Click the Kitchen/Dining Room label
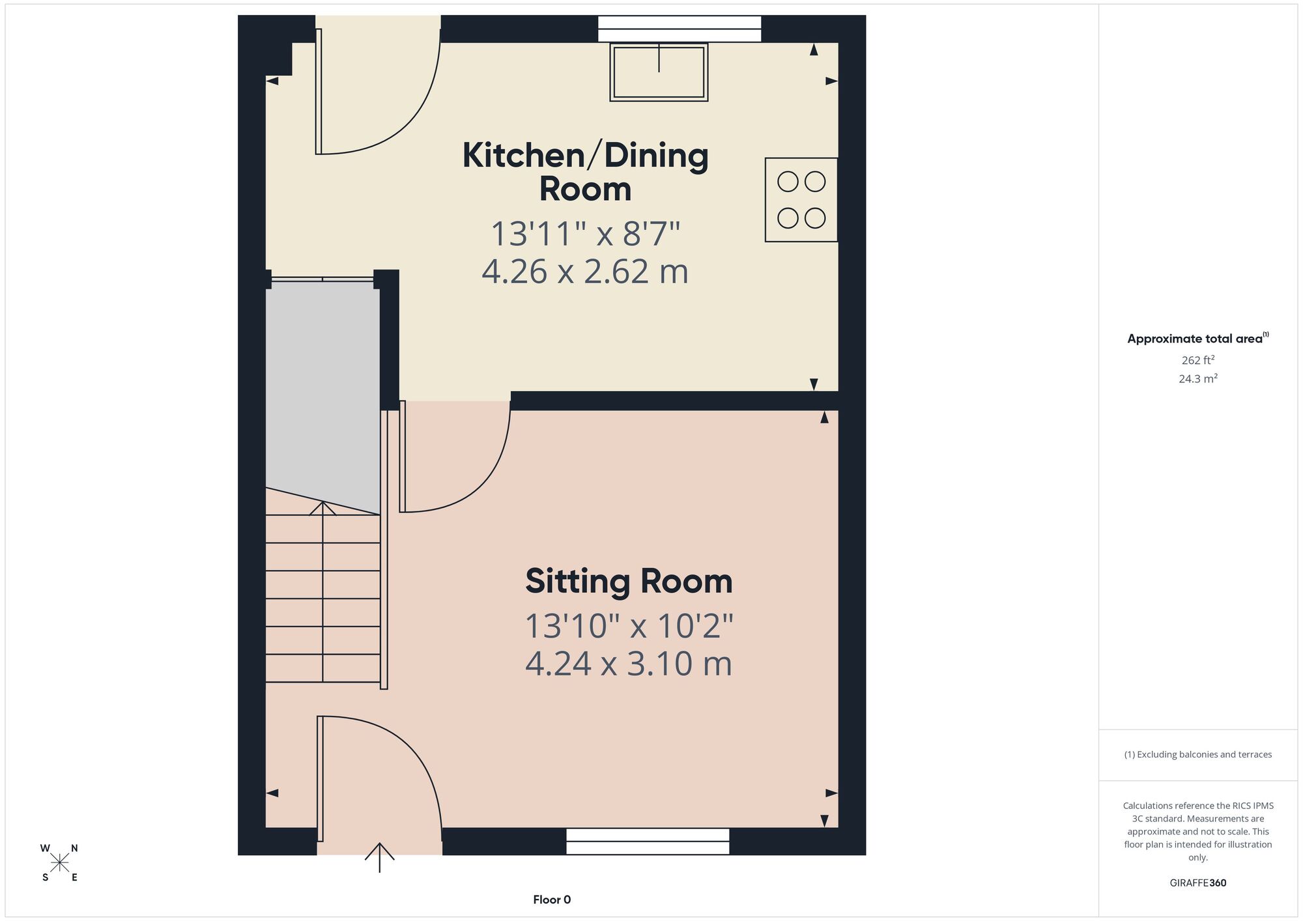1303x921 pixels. pyautogui.click(x=585, y=172)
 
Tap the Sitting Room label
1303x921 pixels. pyautogui.click(x=629, y=582)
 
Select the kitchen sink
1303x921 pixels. pyautogui.click(x=659, y=72)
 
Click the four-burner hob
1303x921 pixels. pyautogui.click(x=801, y=200)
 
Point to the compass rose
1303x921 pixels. pyautogui.click(x=60, y=863)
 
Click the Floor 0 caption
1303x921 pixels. pyautogui.click(x=552, y=900)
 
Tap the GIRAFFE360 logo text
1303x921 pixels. pyautogui.click(x=1198, y=883)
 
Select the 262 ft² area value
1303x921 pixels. pyautogui.click(x=1198, y=360)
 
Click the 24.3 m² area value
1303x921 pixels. pyautogui.click(x=1198, y=378)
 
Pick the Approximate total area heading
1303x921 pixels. pyautogui.click(x=1198, y=338)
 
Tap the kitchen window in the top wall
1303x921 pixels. pyautogui.click(x=680, y=29)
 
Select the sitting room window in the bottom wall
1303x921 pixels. pyautogui.click(x=648, y=841)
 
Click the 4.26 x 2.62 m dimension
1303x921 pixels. pyautogui.click(x=585, y=272)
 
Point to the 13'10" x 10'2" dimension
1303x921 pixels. pyautogui.click(x=629, y=626)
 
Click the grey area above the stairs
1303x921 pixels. pyautogui.click(x=322, y=391)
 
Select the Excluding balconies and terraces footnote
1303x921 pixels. pyautogui.click(x=1198, y=754)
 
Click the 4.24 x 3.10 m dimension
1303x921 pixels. pyautogui.click(x=629, y=664)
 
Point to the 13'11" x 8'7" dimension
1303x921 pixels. pyautogui.click(x=585, y=234)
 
